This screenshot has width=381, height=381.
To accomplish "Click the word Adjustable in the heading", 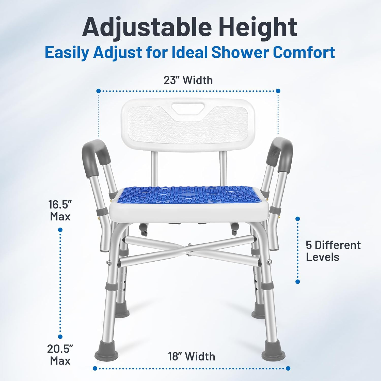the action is pyautogui.click(x=147, y=27).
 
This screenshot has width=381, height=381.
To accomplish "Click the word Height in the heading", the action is pyautogui.click(x=258, y=27).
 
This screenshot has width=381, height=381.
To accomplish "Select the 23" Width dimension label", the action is pyautogui.click(x=188, y=80).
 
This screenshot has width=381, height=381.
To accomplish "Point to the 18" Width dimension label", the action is pyautogui.click(x=192, y=356).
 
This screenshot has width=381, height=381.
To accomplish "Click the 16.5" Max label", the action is pyautogui.click(x=60, y=211).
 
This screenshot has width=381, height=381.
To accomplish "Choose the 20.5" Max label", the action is pyautogui.click(x=60, y=355).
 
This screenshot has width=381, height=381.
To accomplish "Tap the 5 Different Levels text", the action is pyautogui.click(x=333, y=251).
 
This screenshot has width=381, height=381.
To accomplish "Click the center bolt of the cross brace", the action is pyautogui.click(x=189, y=244).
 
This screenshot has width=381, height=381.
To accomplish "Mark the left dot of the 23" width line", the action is pyautogui.click(x=99, y=91).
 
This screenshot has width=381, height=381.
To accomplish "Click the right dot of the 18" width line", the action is pyautogui.click(x=288, y=368).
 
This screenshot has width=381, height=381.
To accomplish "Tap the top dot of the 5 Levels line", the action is pyautogui.click(x=298, y=219).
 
